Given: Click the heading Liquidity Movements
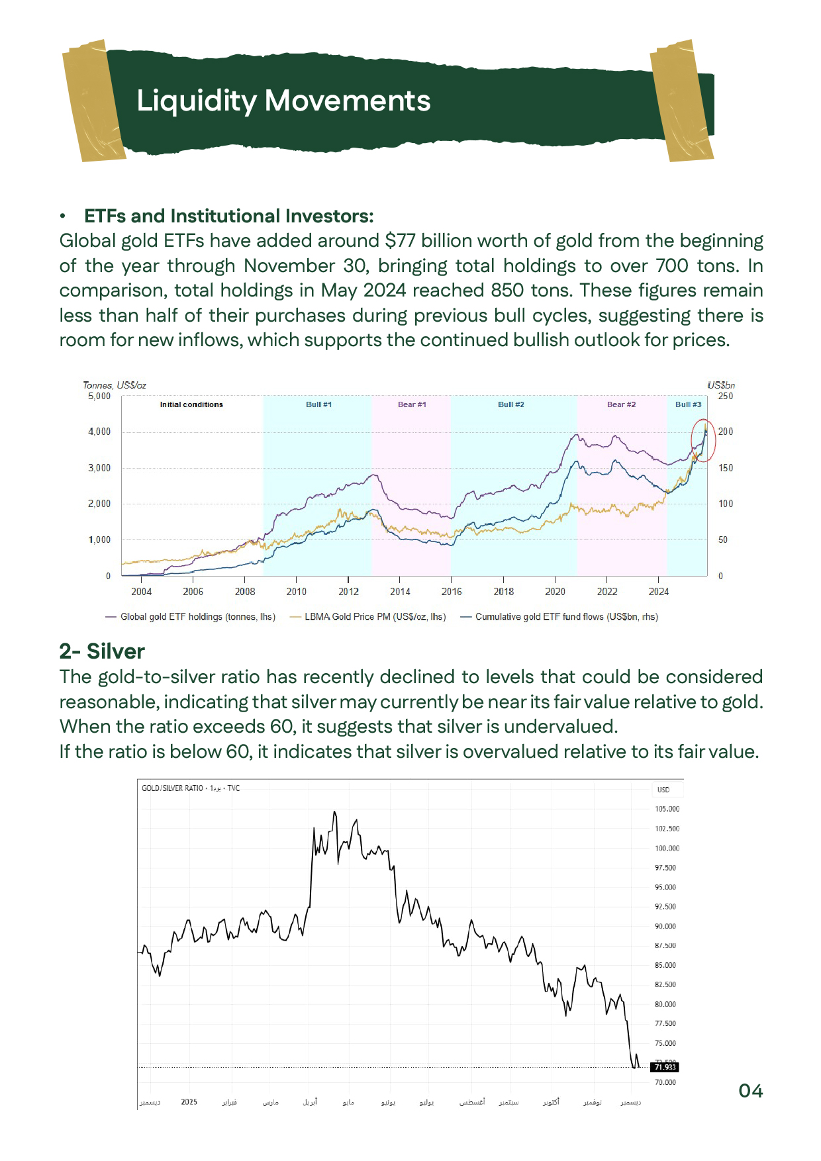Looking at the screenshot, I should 283,101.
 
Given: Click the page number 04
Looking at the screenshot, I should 750,1091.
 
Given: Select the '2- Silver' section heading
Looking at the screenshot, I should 102,651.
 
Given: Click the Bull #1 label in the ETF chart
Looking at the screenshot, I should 318,404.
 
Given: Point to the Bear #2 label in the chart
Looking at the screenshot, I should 621,404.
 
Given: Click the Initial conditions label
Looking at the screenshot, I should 191,404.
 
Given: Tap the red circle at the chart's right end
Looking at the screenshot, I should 703,440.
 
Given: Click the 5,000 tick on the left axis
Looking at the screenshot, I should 99,396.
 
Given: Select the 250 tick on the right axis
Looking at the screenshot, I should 726,396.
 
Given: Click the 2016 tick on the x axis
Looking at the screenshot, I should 452,592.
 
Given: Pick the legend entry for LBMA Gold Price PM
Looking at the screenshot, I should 375,617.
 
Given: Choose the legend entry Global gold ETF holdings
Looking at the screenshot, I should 197,617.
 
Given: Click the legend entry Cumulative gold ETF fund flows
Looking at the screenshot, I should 566,617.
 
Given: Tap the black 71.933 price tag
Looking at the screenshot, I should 665,1067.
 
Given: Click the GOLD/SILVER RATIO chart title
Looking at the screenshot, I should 172,788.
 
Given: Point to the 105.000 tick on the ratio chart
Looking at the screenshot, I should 667,809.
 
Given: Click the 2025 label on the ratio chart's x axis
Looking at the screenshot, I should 189,1101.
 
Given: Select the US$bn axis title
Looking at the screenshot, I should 721,385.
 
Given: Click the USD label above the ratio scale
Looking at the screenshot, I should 663,790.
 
